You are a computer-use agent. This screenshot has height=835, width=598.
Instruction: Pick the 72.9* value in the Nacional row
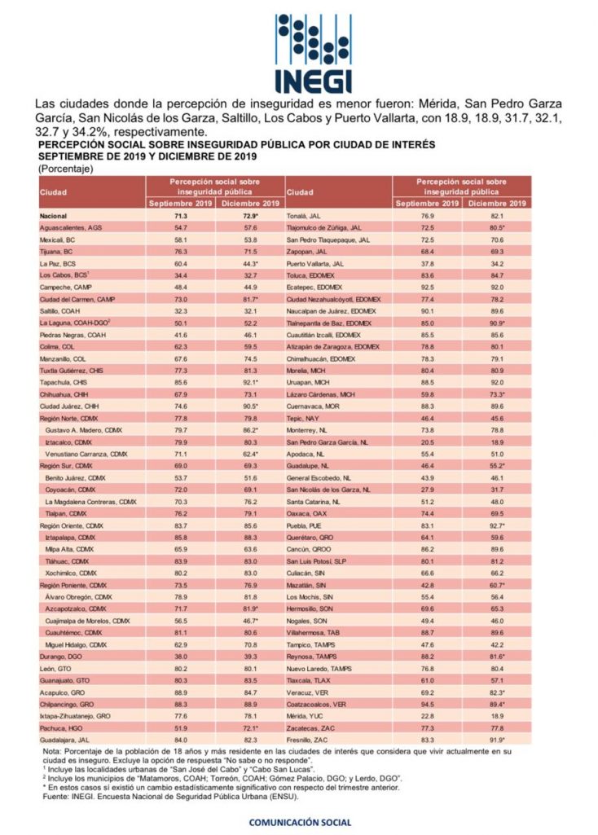pos(249,216)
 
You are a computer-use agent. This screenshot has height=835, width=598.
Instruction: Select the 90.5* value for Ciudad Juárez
pos(249,405)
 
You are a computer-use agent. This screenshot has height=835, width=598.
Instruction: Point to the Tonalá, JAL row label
pos(304,216)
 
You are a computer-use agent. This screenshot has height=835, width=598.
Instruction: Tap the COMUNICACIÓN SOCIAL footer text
pos(300,822)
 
